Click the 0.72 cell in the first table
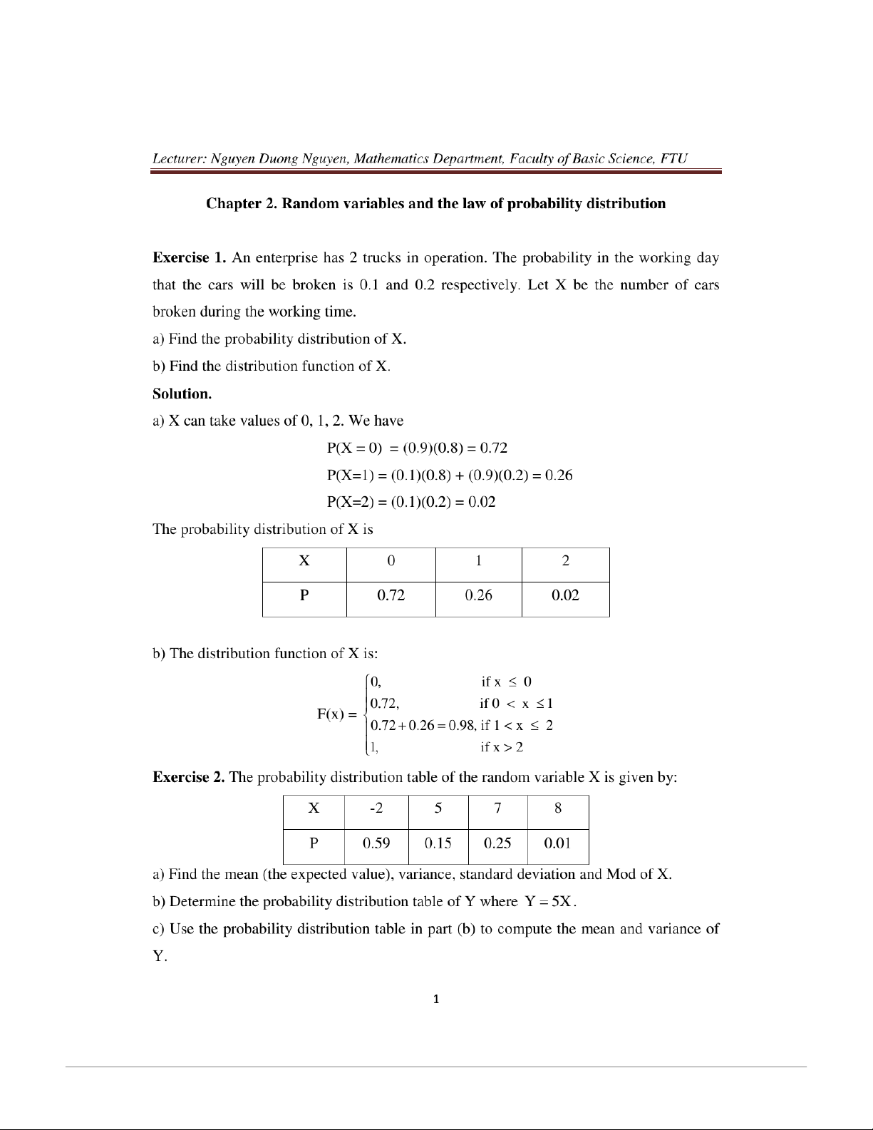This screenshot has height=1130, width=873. pyautogui.click(x=391, y=595)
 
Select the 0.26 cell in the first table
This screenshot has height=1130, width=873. pyautogui.click(x=478, y=595)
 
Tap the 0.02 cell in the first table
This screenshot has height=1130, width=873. pyautogui.click(x=565, y=595)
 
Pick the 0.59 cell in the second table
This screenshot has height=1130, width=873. pyautogui.click(x=376, y=843)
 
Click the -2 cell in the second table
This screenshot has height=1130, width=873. pyautogui.click(x=376, y=808)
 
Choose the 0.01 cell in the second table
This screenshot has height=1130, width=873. pyautogui.click(x=557, y=843)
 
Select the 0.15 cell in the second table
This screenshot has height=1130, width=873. pyautogui.click(x=438, y=843)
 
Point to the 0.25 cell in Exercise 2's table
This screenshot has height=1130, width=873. pyautogui.click(x=497, y=843)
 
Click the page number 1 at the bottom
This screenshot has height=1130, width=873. pyautogui.click(x=436, y=999)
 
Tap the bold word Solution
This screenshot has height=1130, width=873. pyautogui.click(x=182, y=394)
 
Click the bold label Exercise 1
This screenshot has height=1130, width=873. pyautogui.click(x=190, y=258)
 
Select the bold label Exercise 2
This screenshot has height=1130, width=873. pyautogui.click(x=190, y=777)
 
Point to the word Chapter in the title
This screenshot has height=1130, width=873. pyautogui.click(x=234, y=204)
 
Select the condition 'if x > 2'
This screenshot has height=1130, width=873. pyautogui.click(x=502, y=747)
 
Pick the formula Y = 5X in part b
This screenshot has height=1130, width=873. pyautogui.click(x=549, y=902)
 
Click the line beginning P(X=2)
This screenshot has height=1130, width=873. pyautogui.click(x=410, y=502)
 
